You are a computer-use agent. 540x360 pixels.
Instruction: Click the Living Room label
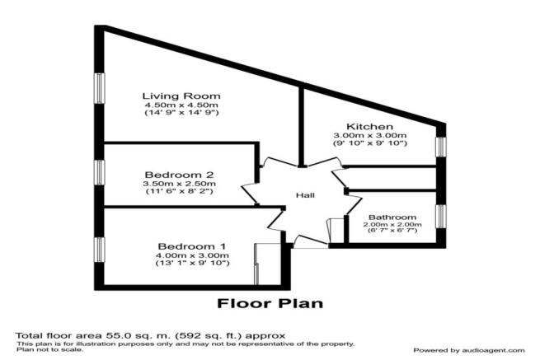pos(181,96)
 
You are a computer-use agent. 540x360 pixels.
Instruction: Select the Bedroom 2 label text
pos(180,175)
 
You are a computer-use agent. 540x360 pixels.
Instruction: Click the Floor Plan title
pos(270,303)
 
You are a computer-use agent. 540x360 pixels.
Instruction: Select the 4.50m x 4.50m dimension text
pos(181,105)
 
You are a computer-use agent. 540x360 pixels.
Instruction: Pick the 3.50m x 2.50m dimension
pos(180,185)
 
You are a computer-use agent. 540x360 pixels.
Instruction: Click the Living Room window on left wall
pos(99,89)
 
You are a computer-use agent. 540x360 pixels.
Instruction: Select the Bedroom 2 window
pos(99,175)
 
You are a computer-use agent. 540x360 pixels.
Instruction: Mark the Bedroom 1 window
pos(99,249)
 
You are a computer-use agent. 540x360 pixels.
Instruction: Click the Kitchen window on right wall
pos(441,146)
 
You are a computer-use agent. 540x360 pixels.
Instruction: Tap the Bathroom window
pos(441,216)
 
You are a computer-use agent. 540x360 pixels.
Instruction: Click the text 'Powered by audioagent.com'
pos(467,350)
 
